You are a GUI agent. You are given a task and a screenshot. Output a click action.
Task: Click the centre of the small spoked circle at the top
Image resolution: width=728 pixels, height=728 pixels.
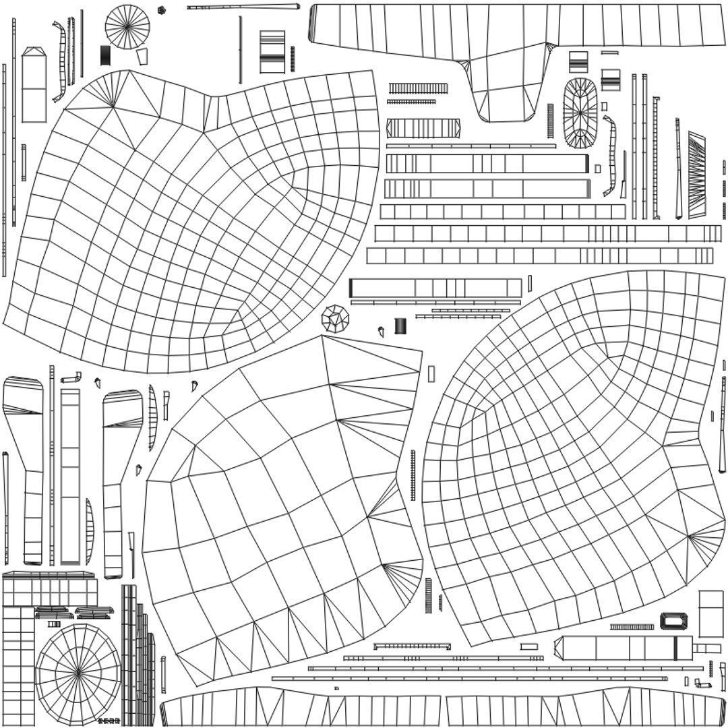point(127,27)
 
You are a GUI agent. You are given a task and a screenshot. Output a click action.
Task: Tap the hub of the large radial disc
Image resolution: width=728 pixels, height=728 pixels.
point(78,671)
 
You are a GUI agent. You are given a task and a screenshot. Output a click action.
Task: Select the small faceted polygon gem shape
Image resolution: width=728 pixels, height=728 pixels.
point(335,317)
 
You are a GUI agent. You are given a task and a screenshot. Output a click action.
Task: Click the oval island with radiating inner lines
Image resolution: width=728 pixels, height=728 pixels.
point(580,113)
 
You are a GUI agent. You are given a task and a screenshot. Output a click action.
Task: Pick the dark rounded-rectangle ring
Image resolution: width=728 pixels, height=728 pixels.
point(671,621)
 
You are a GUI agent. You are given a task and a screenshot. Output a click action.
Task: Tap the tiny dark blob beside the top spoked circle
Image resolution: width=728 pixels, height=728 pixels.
point(161,10)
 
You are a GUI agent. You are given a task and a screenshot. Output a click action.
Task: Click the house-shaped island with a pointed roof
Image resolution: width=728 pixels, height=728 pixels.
point(34,85)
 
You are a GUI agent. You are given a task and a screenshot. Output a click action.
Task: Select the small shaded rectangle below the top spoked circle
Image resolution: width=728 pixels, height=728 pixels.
point(105,55)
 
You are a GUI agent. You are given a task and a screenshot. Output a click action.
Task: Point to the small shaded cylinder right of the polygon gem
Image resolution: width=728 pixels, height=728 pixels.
point(400,326)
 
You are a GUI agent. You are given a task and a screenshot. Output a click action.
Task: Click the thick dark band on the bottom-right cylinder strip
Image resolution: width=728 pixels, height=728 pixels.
point(675,648)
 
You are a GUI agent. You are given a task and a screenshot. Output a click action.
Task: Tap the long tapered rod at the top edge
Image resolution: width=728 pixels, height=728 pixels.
point(243,7)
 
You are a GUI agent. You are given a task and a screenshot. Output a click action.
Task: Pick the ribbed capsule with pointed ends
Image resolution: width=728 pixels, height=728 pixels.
point(423,128)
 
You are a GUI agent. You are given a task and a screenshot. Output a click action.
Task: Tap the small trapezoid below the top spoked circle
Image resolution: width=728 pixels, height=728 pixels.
point(142,57)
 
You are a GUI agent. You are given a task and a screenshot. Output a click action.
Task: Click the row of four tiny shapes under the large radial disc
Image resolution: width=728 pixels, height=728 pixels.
point(109,721)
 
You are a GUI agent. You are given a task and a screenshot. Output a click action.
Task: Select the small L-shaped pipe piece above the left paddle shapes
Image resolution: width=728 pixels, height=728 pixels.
point(71,378)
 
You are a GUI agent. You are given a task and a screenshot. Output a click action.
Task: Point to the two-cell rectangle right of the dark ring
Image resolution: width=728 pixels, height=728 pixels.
point(710,613)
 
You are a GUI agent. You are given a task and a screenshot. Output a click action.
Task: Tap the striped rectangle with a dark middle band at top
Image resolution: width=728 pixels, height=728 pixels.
point(272,52)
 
